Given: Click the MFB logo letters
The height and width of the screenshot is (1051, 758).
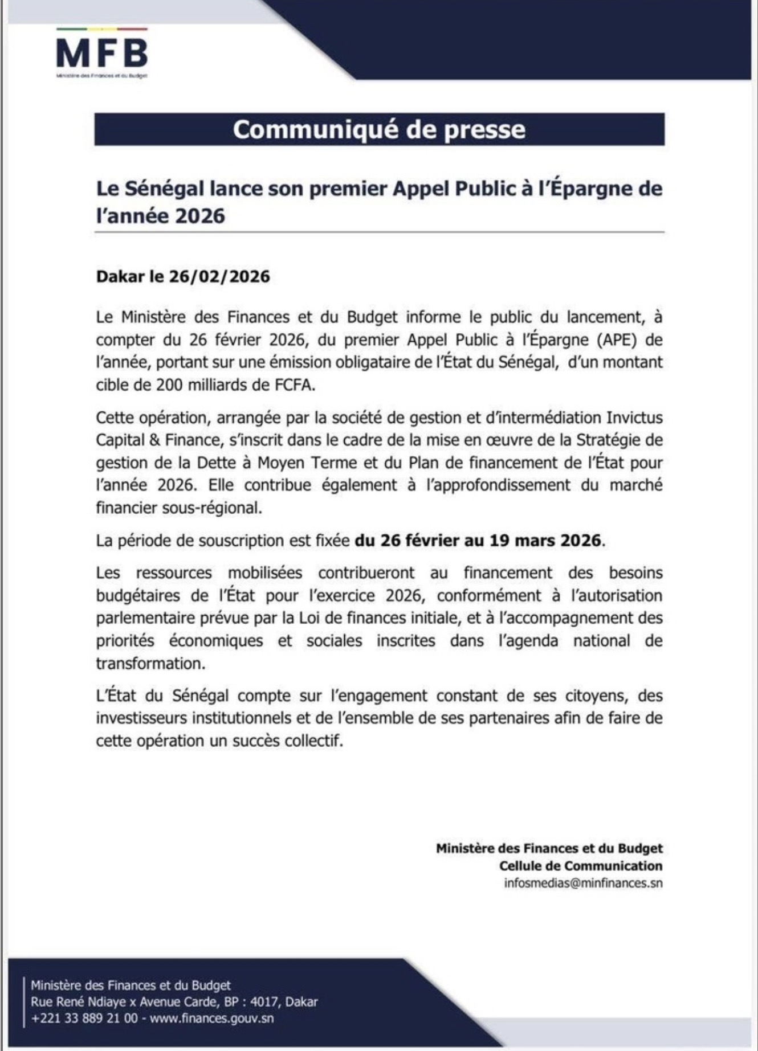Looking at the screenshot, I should [102, 54].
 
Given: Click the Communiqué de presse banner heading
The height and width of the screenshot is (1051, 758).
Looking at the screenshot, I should [379, 130].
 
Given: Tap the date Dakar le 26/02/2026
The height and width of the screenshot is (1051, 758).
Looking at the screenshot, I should [183, 277].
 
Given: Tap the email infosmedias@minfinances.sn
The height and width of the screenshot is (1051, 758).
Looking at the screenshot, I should [583, 884].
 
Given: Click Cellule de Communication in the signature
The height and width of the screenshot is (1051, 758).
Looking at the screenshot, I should [581, 866].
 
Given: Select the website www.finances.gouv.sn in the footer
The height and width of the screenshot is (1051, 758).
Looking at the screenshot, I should [211, 1018].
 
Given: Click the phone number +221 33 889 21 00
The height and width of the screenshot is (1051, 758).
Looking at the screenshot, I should [84, 1018].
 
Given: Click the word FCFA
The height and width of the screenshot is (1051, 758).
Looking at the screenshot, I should [294, 385].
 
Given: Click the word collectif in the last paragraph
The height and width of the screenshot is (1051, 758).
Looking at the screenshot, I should [316, 741].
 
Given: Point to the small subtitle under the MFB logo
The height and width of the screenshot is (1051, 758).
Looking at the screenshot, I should [102, 76].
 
